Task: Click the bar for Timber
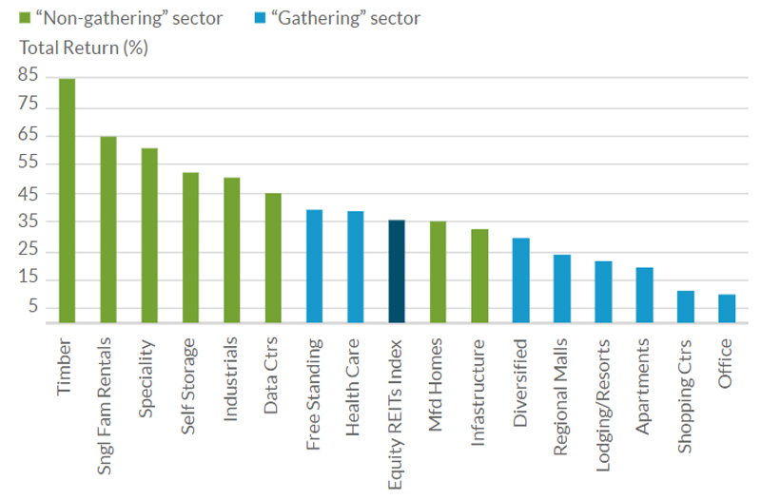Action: [x=67, y=201]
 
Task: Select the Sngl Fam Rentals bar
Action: [x=108, y=230]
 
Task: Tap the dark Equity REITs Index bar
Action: [x=397, y=272]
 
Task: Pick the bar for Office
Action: [x=727, y=309]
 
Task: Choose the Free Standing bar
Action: [x=314, y=267]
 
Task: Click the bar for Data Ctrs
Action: [x=273, y=259]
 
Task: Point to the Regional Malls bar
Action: [x=561, y=289]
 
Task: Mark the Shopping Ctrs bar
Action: [x=685, y=307]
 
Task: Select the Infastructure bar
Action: [x=479, y=277]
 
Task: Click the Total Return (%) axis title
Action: [x=83, y=46]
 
